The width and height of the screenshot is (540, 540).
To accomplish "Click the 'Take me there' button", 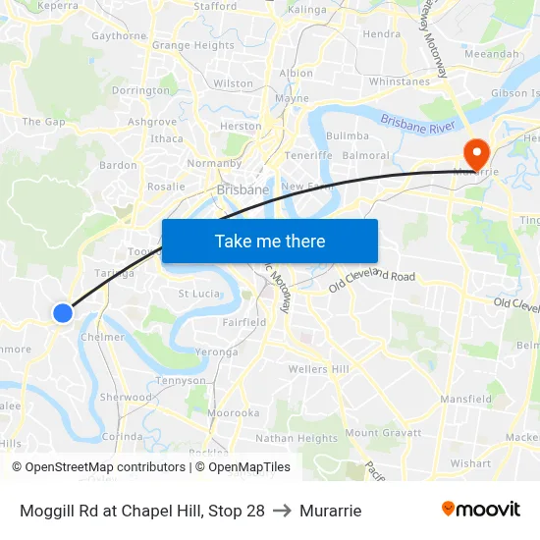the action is (x=270, y=241).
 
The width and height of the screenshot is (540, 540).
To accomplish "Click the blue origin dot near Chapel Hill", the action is (x=62, y=312).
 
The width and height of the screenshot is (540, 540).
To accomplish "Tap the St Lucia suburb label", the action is (x=198, y=293).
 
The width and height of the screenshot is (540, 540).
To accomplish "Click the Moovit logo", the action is (x=481, y=509).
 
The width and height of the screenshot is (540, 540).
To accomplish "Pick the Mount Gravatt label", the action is (x=383, y=433).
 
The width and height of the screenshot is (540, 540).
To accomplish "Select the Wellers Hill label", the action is (x=318, y=369).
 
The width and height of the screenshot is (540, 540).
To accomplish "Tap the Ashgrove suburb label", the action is (x=152, y=122).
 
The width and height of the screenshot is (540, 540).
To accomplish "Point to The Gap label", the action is (x=43, y=122).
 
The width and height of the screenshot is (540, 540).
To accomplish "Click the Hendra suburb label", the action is (x=382, y=33).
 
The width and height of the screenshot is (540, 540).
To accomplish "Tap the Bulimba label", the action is (x=347, y=135).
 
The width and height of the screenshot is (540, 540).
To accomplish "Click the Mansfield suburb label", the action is (x=466, y=400).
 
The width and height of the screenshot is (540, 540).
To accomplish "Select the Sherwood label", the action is (x=126, y=398).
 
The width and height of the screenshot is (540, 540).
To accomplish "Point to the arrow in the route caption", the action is (x=280, y=511).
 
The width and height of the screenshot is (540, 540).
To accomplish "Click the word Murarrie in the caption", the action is (x=331, y=511).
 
